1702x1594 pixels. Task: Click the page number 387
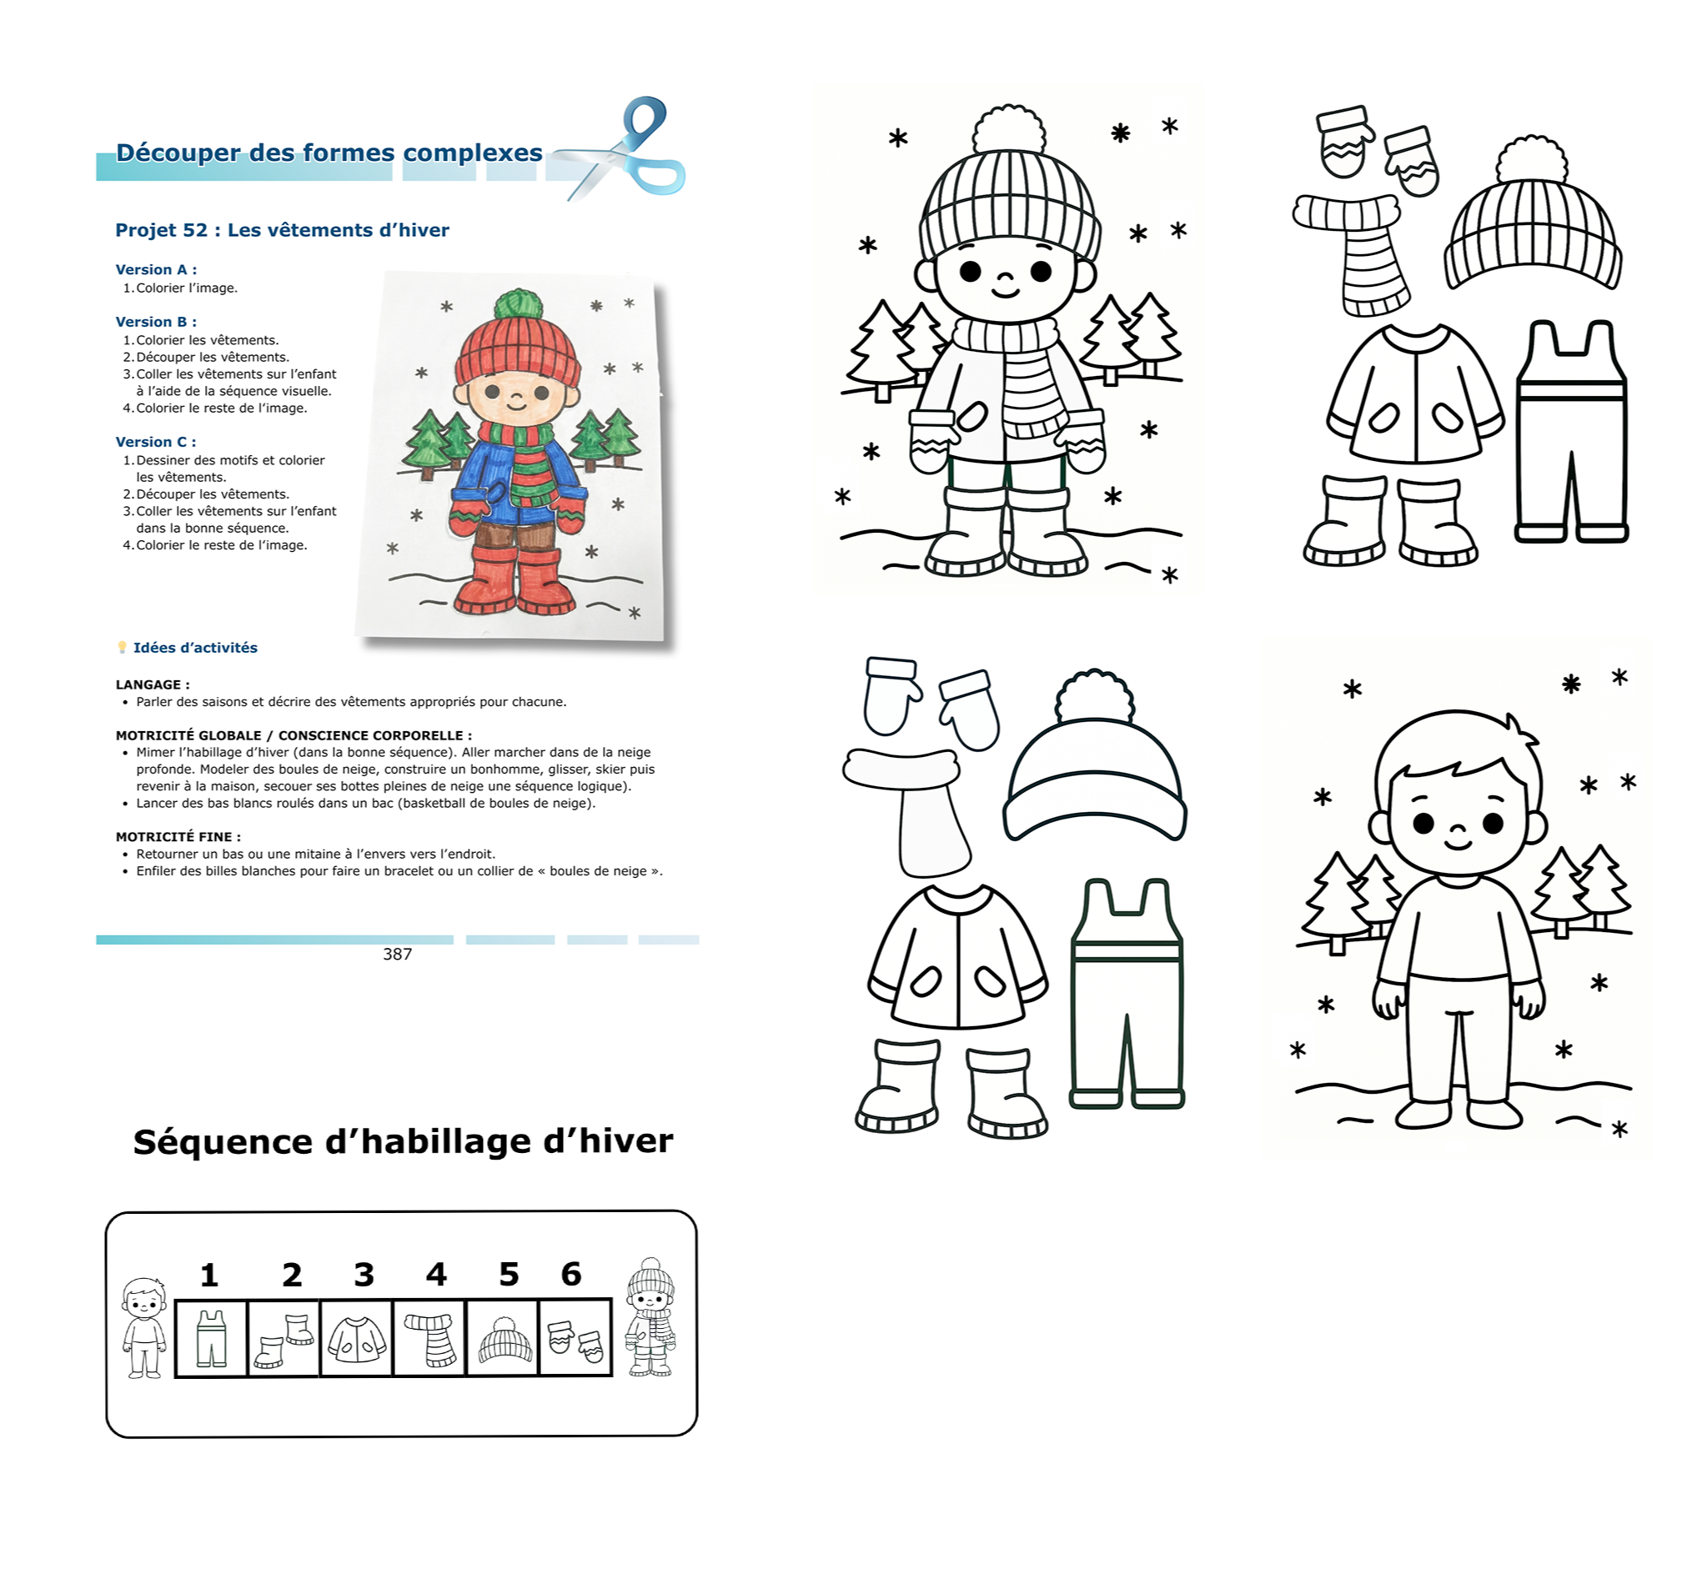(x=397, y=955)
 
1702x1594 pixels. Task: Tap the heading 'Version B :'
(x=156, y=322)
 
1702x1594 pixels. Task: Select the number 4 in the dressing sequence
(x=437, y=1275)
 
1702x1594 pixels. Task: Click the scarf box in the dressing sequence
(x=429, y=1338)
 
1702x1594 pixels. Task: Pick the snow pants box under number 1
(x=212, y=1338)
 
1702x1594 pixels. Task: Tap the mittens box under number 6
(x=575, y=1338)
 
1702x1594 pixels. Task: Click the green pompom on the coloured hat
(x=518, y=305)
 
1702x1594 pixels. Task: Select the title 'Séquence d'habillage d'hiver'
(x=404, y=1142)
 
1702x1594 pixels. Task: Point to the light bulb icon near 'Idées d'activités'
(x=123, y=648)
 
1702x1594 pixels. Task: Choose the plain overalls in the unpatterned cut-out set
(x=1127, y=994)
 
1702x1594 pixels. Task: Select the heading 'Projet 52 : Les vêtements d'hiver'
(x=283, y=230)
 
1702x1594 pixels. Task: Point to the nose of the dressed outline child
(x=1006, y=277)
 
